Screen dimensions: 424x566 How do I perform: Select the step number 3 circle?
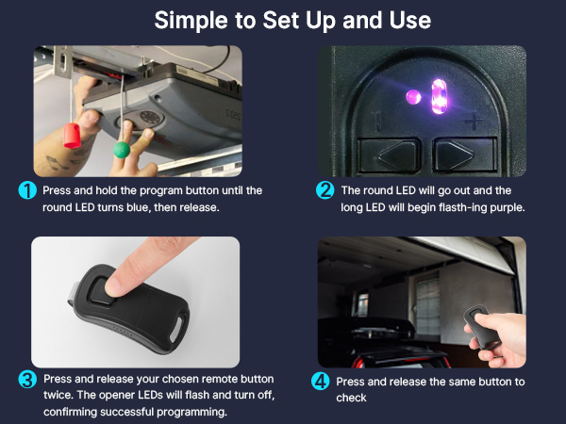pos(28,380)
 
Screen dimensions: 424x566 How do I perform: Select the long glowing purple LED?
pos(437,96)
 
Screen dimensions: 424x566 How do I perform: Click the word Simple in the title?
pos(191,20)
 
